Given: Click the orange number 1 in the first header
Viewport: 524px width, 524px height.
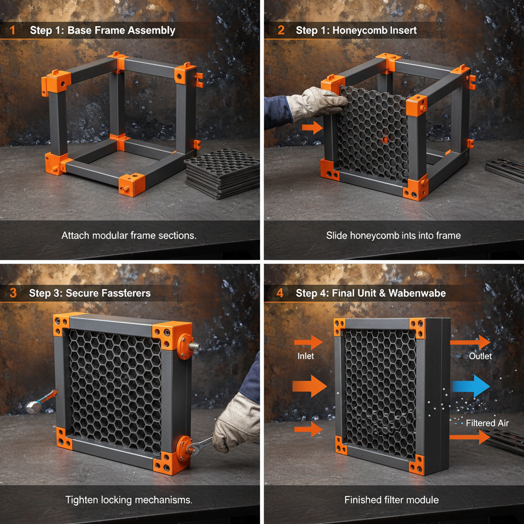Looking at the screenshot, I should [12, 30].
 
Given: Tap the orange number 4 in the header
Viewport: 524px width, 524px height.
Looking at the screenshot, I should [280, 293].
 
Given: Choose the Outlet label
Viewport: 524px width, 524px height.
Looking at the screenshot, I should [480, 356].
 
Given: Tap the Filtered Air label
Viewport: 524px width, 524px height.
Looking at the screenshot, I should [487, 423].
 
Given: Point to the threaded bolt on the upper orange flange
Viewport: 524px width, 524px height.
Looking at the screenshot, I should [195, 346].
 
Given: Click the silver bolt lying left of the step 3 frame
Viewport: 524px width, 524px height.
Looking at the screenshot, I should [34, 407].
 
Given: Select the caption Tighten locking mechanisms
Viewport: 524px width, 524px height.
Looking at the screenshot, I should [128, 499].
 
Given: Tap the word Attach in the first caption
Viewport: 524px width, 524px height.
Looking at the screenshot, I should [75, 235].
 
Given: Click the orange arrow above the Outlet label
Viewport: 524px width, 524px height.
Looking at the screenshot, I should [470, 342].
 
